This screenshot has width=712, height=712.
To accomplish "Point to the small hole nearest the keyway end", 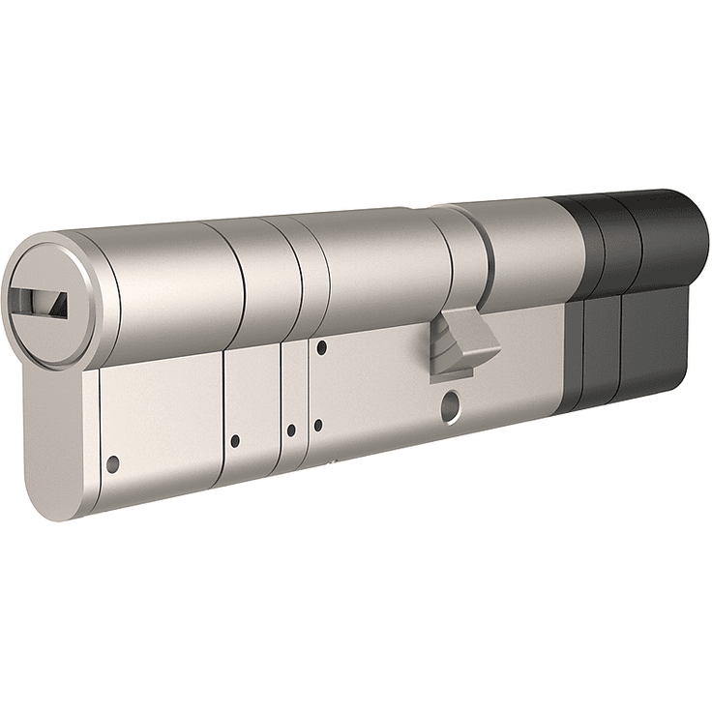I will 112,463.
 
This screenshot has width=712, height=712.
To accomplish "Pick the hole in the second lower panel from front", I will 235,441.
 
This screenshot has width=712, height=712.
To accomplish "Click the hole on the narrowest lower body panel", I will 290,430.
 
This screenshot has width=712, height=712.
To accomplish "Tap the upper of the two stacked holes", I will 322,345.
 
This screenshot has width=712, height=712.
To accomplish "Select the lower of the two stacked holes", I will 317,424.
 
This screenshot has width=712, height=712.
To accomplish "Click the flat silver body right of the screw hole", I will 513,387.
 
